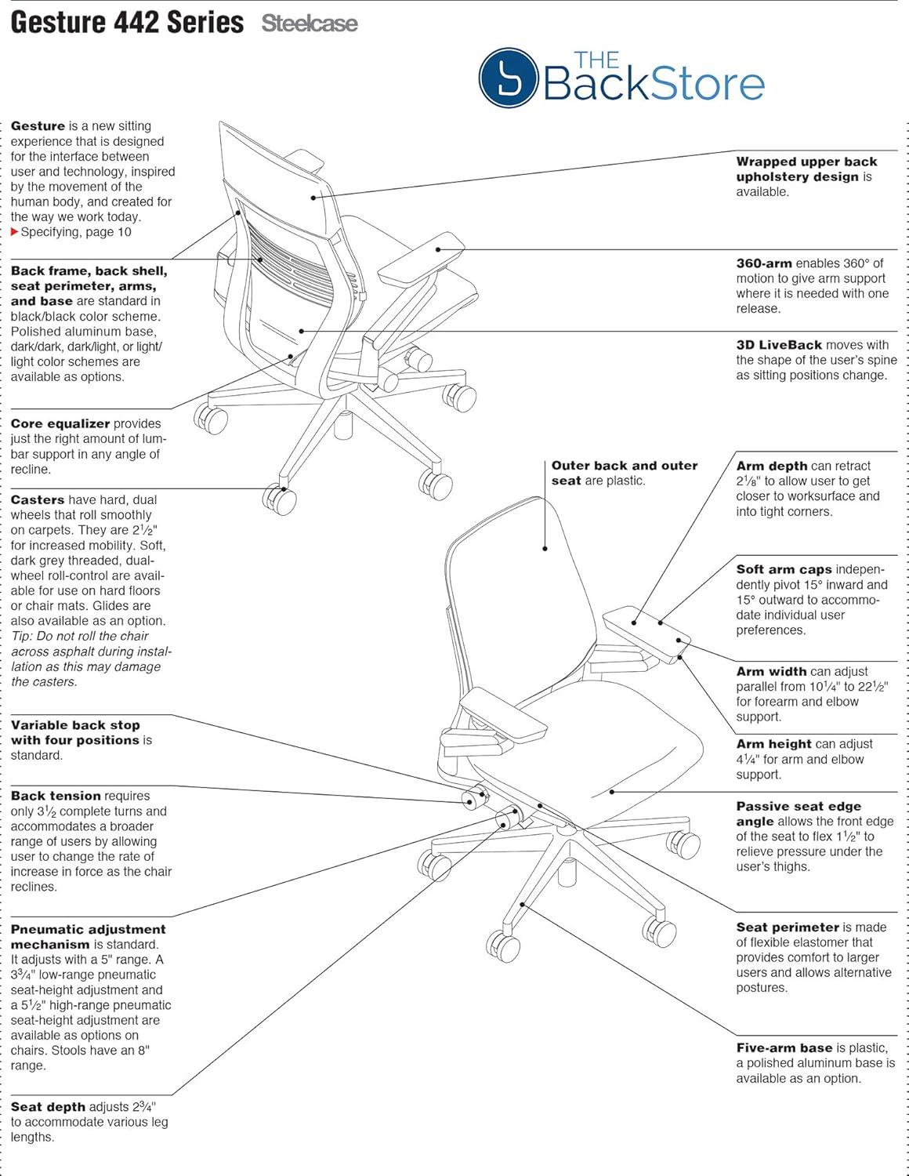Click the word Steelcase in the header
click(x=310, y=24)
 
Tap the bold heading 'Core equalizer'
click(x=60, y=424)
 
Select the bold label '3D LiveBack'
click(x=779, y=345)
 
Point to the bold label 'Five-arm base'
click(x=784, y=1048)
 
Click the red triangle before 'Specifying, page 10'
click(x=15, y=232)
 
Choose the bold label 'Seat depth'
click(x=48, y=1107)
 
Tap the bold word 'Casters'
click(x=38, y=500)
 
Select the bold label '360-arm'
click(x=764, y=263)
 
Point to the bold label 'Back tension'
click(x=56, y=796)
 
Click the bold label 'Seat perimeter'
click(x=788, y=927)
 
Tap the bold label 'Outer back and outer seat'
click(x=624, y=473)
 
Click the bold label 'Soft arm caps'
click(x=784, y=570)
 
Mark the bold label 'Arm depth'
click(x=771, y=466)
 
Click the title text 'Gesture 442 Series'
click(x=127, y=22)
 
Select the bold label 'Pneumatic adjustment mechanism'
click(x=88, y=937)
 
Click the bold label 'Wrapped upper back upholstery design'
click(x=806, y=169)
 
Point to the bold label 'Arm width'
click(x=771, y=672)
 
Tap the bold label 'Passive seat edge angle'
click(x=798, y=814)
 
